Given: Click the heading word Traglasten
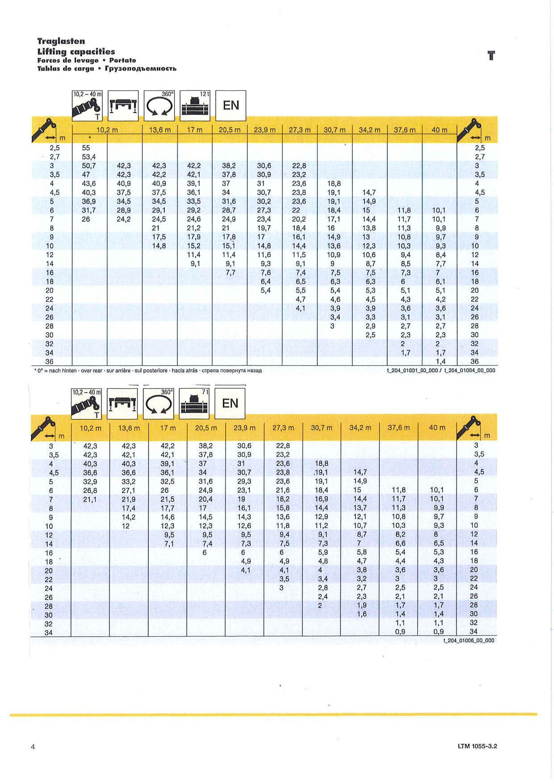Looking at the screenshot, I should click(x=61, y=41).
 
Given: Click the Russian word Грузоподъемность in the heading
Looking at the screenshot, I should click(x=141, y=68).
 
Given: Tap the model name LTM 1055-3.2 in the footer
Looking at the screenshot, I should click(x=477, y=746).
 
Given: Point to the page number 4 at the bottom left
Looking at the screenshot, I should click(x=33, y=746).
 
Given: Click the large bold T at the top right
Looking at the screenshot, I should click(x=491, y=56).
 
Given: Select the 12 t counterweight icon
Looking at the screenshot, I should click(x=195, y=106).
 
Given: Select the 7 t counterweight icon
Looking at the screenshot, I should click(x=194, y=403).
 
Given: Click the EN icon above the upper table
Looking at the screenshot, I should click(x=231, y=105).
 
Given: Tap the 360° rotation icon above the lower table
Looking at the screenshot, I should click(x=159, y=403).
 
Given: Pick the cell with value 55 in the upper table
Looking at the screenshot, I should click(x=86, y=148).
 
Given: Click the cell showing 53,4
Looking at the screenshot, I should click(x=88, y=157).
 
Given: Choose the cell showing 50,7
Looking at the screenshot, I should click(x=88, y=166).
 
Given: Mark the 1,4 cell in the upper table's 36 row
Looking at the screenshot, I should click(x=441, y=361).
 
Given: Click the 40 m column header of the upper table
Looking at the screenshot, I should click(x=439, y=130).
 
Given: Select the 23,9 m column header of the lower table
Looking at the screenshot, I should click(x=244, y=428).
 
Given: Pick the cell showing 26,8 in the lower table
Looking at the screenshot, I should click(x=90, y=491).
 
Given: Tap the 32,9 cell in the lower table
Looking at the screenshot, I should click(x=90, y=482).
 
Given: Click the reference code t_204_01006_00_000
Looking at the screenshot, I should click(x=469, y=641).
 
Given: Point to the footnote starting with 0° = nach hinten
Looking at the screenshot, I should click(x=147, y=370).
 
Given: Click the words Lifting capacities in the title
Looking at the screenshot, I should click(x=76, y=51).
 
